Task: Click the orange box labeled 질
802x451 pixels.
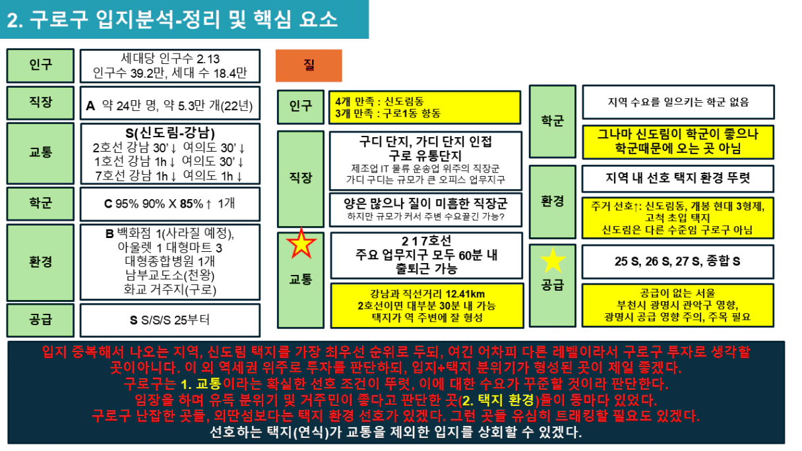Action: click(x=309, y=65)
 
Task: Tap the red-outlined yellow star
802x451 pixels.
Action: click(x=301, y=243)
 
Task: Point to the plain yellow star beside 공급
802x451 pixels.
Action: click(x=553, y=260)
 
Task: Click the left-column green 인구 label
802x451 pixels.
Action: click(x=40, y=65)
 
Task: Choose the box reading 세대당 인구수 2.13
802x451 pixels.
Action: click(x=170, y=66)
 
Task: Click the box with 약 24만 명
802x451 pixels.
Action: click(x=170, y=103)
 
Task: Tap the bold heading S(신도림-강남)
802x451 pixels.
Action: click(x=170, y=133)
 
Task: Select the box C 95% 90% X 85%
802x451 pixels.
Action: click(x=170, y=204)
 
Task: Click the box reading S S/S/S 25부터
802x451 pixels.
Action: click(x=170, y=320)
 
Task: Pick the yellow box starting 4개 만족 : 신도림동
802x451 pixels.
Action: click(x=425, y=107)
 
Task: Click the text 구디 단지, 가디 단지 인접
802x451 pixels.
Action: click(x=425, y=142)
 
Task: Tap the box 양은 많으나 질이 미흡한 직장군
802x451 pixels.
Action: click(x=425, y=210)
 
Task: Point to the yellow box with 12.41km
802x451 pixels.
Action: click(x=427, y=306)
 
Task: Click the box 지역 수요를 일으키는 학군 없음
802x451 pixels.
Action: click(x=678, y=102)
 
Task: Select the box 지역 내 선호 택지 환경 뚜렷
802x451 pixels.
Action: click(x=678, y=179)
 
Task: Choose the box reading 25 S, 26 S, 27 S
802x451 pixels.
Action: click(x=678, y=262)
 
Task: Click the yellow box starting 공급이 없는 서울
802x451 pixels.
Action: click(x=678, y=305)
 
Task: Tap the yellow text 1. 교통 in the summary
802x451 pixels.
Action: click(x=201, y=384)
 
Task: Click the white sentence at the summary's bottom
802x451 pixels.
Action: click(x=396, y=432)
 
